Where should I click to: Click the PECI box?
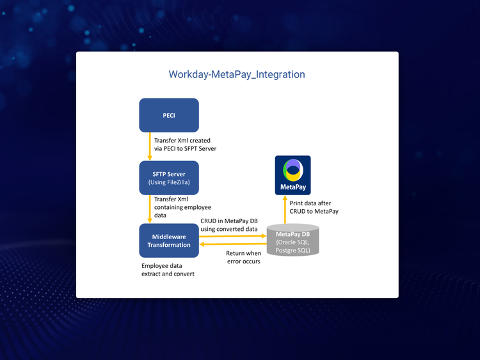coord(169,116)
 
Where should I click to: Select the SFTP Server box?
coord(169,178)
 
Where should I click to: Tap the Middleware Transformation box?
coord(169,240)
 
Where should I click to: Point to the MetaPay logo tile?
coord(292,175)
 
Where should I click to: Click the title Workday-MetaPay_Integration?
coord(237,74)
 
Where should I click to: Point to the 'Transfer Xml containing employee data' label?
coord(183,207)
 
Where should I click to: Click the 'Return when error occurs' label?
coord(243,257)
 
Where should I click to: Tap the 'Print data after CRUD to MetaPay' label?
coord(318,207)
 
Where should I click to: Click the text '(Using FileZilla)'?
coord(169,182)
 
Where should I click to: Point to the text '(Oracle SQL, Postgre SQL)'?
coord(292,246)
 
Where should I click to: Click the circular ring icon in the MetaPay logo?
coord(292,169)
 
